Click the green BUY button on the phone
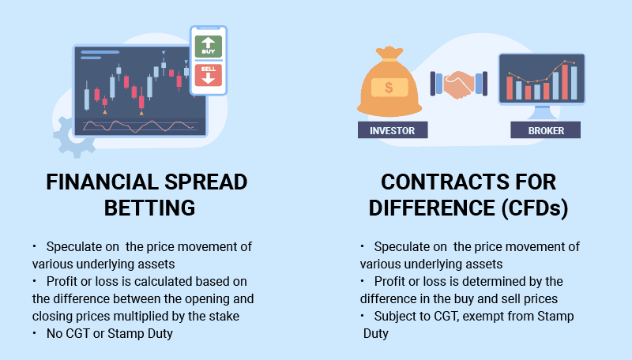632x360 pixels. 209,46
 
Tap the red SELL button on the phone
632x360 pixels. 209,75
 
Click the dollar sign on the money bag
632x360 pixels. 389,88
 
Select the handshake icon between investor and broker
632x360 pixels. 459,84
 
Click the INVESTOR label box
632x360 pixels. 393,130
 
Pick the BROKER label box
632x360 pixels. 546,130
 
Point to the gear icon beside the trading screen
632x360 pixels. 73,137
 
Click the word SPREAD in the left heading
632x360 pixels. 206,182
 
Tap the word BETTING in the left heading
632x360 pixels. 149,208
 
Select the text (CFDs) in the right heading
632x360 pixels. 535,208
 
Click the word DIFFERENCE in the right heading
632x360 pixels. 431,208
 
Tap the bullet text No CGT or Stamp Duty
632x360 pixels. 110,333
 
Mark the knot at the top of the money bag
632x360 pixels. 389,53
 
